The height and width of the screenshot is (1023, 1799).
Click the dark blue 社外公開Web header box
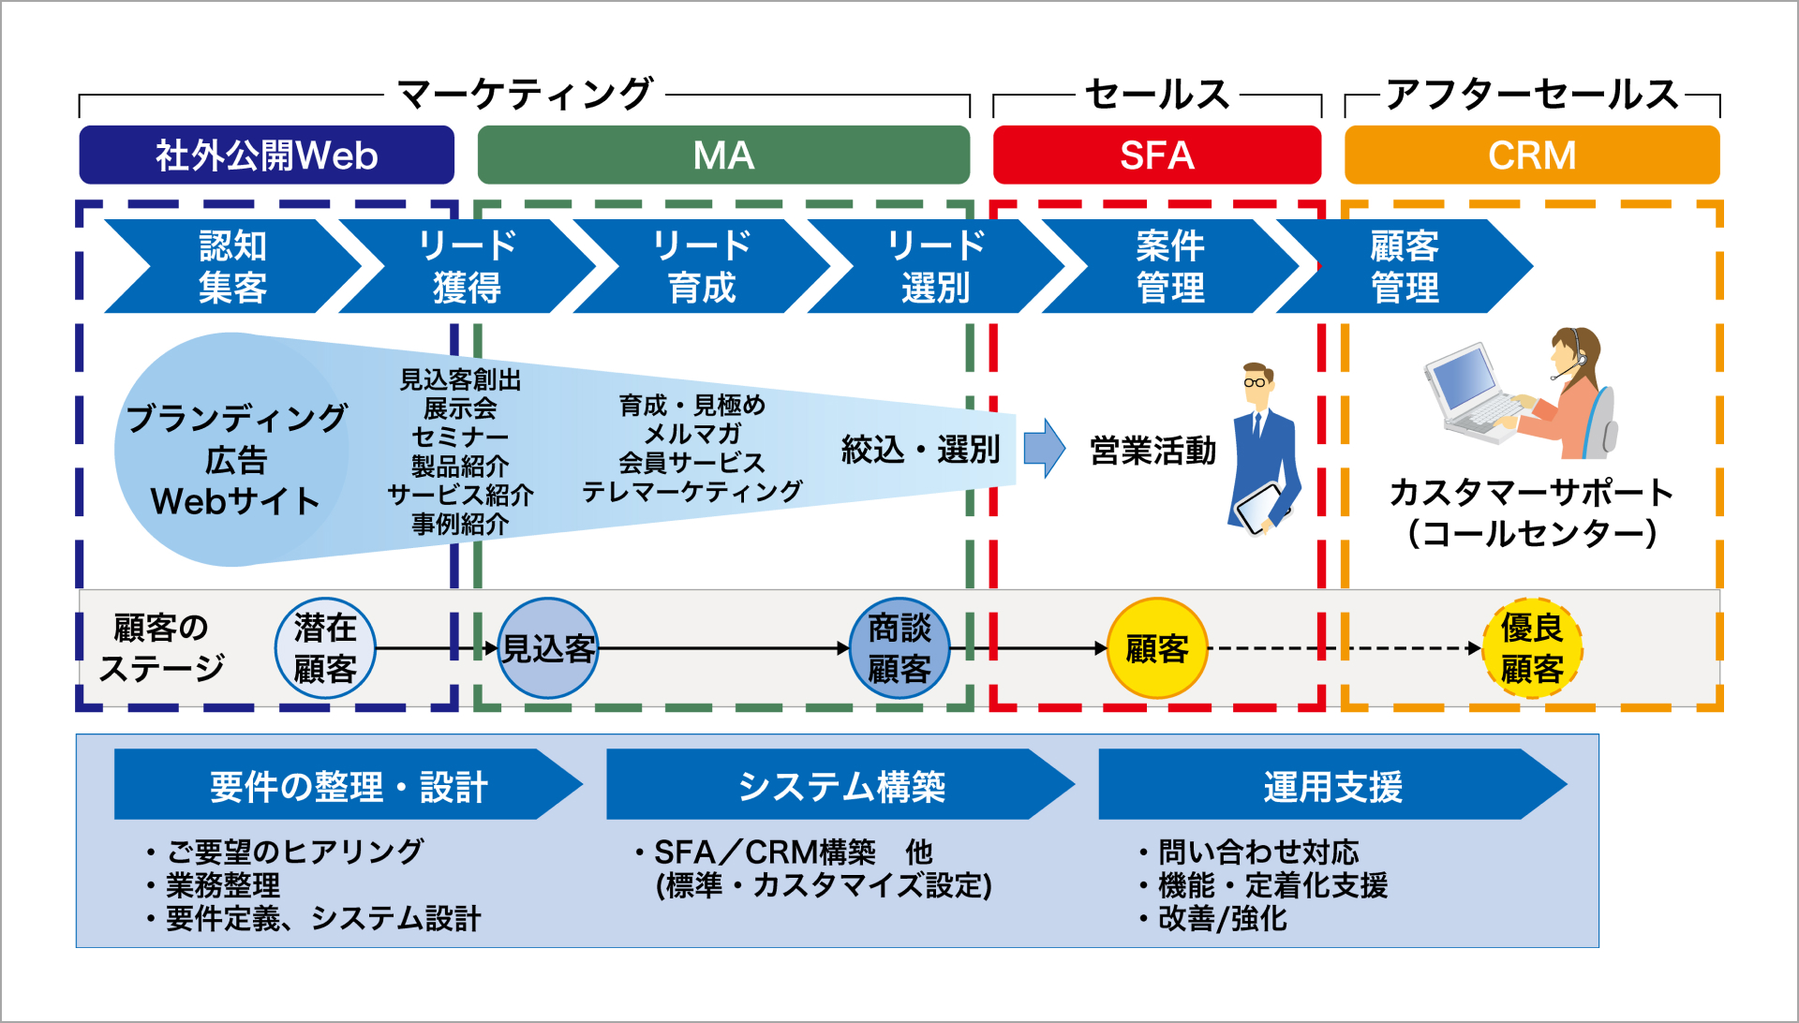pos(266,156)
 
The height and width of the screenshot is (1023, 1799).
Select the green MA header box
pos(722,156)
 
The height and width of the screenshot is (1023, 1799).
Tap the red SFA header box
pos(1156,156)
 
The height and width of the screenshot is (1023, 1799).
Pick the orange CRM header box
pos(1531,156)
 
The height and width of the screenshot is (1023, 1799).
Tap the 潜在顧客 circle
pos(325,648)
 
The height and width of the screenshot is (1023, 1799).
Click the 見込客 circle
pos(547,648)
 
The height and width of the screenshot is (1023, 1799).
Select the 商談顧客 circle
pos(899,648)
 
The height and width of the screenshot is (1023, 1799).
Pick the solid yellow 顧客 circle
pos(1156,648)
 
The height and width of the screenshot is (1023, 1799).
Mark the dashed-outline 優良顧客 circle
pos(1531,648)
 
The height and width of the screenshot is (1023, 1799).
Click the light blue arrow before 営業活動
pos(1043,449)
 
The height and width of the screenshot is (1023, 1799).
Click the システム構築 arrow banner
pos(840,785)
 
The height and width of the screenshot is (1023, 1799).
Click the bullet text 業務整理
pos(223,885)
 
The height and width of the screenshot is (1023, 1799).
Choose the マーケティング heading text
pos(525,94)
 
